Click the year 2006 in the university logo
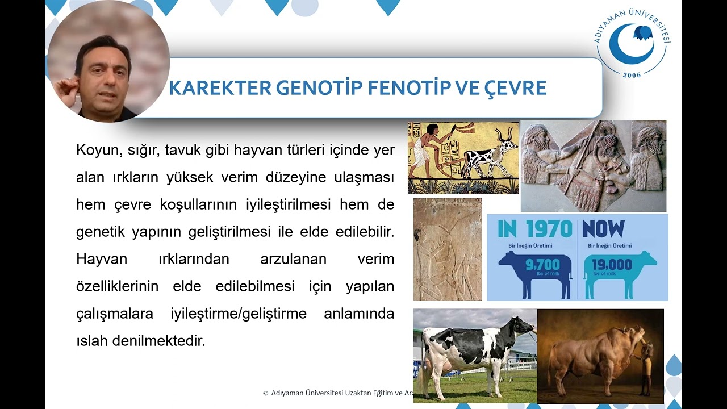pos(632,75)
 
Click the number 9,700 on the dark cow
pos(542,265)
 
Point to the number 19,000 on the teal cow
pos(611,265)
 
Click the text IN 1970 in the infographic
pos(534,229)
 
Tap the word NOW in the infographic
pos(603,229)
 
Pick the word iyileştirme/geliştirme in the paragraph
pos(239,314)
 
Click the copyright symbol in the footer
pos(265,393)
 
